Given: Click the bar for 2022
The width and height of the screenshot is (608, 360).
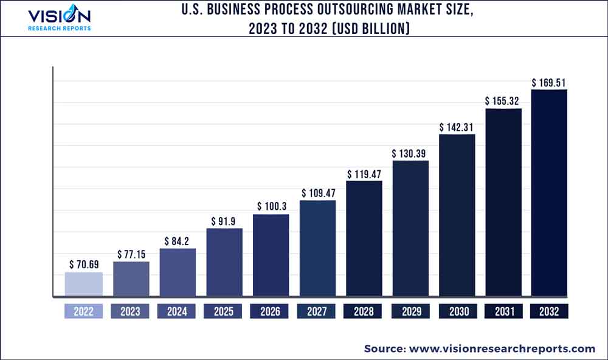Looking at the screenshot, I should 83,285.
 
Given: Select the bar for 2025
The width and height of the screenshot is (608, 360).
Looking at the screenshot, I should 224,263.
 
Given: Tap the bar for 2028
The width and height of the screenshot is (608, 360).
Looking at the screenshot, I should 364,239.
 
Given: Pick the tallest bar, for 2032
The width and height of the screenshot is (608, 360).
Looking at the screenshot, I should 549,193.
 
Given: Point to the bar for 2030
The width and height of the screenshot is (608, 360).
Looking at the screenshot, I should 457,216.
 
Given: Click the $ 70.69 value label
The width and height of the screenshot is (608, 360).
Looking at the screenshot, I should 83,265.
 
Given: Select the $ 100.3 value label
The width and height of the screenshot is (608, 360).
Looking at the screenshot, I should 271,207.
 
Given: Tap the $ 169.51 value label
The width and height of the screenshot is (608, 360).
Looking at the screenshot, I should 549,82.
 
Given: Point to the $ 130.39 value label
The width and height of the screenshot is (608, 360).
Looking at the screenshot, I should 410,153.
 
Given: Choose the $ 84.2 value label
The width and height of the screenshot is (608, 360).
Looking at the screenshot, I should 178,241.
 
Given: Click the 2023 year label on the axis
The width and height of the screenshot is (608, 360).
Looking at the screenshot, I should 130,311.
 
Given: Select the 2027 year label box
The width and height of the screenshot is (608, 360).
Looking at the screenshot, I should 317,311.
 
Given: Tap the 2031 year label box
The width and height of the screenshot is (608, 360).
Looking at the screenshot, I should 503,311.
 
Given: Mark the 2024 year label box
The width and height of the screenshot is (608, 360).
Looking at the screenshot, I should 177,311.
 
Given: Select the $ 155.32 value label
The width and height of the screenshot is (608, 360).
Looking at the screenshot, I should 503,101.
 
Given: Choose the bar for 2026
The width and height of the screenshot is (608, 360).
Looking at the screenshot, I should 271,256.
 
